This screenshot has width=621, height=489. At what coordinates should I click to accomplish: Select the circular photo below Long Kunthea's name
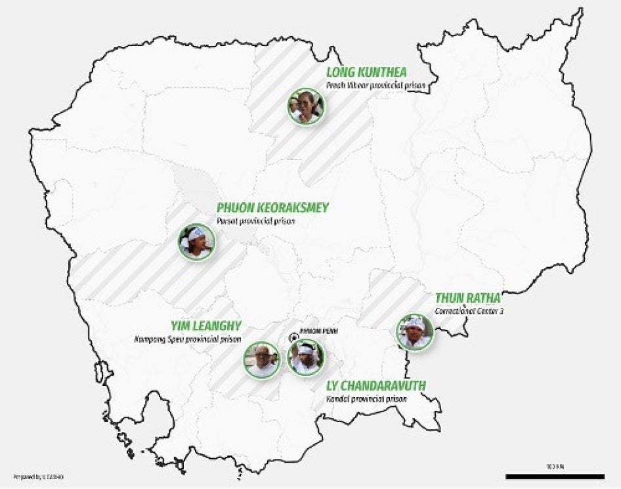306,106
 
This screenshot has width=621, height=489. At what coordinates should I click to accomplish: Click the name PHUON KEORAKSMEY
272,208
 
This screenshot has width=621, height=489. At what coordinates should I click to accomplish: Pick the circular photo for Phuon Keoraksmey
196,242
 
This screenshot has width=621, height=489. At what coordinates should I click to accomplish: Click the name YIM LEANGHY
207,326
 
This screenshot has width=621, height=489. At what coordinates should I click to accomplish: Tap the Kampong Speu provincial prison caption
188,339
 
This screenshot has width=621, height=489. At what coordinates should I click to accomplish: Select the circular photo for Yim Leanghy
262,359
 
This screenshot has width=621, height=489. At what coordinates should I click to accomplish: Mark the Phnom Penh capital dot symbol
294,337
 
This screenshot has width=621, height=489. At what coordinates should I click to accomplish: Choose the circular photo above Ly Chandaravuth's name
306,357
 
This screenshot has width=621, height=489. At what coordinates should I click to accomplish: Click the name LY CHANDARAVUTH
375,385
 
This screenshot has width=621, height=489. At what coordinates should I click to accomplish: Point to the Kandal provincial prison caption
366,398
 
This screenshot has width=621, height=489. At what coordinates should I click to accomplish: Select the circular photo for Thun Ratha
415,331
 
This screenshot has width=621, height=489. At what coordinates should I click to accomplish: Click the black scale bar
555,476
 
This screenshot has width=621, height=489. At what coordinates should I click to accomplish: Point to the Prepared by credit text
37,475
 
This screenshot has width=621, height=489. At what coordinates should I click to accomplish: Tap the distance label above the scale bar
555,466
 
